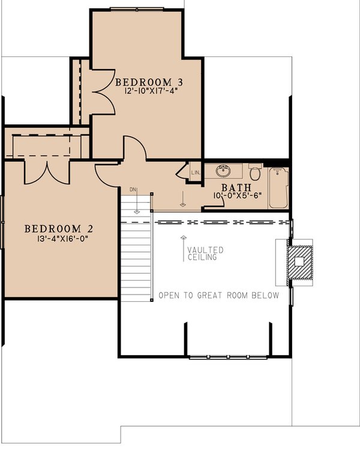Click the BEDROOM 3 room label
point(149,82)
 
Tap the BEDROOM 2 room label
point(59,229)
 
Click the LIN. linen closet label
point(194,172)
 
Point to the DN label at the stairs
point(133,190)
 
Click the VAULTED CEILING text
point(205,253)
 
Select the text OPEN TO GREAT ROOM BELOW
point(218,295)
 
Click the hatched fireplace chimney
point(299,263)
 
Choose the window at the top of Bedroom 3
point(137,8)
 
